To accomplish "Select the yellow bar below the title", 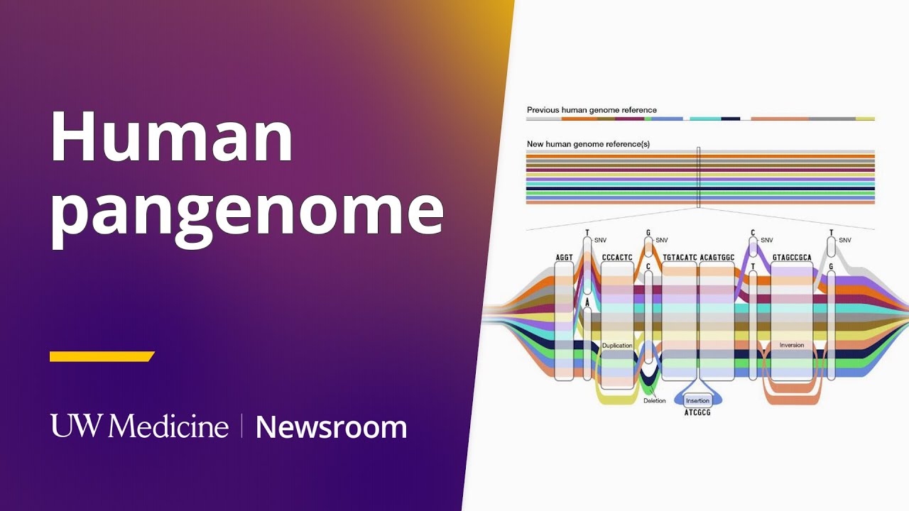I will tap(102, 356).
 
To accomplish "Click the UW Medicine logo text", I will tap(140, 426).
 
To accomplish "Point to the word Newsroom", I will tap(331, 427).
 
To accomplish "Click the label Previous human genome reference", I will tap(592, 110).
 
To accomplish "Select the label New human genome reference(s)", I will tap(588, 144).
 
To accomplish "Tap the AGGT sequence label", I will tap(564, 257).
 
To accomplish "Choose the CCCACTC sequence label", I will tap(617, 257).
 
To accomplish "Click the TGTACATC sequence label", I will tap(680, 257).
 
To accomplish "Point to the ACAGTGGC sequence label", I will tap(717, 257).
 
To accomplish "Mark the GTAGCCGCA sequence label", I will tap(792, 257).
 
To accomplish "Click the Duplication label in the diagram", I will tap(617, 346).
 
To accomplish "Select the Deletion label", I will tap(655, 400).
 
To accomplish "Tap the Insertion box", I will tap(697, 401).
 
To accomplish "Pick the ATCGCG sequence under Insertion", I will tap(697, 412).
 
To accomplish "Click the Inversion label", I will tap(792, 346).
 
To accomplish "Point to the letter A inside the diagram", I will tap(587, 302).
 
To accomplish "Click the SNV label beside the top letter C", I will tap(766, 240).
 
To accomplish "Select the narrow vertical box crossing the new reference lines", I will tap(699, 177).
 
